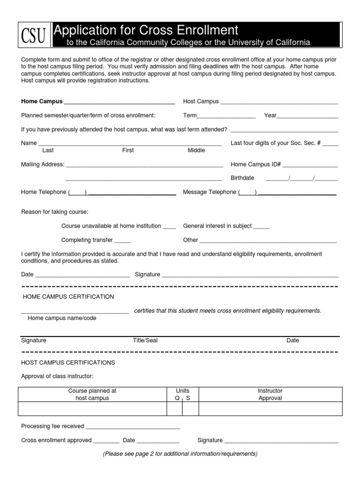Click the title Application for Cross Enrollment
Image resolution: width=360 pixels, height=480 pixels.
146,30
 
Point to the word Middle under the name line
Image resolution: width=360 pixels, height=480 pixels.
196,150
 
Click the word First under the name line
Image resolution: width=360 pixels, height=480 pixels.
128,150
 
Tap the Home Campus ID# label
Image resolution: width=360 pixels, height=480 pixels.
255,165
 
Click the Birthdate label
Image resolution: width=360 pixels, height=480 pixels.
242,178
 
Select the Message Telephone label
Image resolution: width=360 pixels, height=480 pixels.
210,192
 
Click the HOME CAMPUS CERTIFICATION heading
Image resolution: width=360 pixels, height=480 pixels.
68,297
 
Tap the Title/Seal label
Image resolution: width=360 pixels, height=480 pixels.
145,341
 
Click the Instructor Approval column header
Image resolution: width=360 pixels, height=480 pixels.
270,394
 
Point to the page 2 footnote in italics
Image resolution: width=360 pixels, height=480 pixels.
180,454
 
